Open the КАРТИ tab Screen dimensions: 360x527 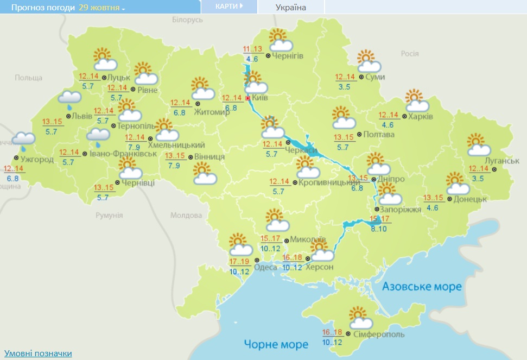pos(227,7)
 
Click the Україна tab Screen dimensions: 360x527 pos(291,8)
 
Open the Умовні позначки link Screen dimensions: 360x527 pos(38,353)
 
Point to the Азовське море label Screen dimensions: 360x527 pos(422,286)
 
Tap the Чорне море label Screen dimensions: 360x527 pos(276,344)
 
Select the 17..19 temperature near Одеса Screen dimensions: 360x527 pos(239,261)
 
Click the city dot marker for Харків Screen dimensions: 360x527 pos(404,117)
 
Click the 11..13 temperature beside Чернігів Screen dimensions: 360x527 pos(253,49)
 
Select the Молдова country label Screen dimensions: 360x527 pos(186,215)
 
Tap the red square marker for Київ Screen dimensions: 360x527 pos(248,98)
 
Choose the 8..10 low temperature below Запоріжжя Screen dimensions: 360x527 pos(379,229)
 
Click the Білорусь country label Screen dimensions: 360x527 pos(187,20)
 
